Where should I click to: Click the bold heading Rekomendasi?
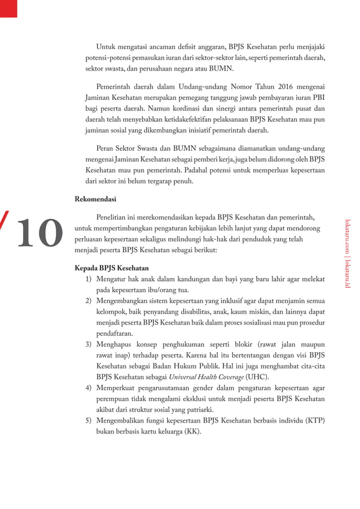click(95, 199)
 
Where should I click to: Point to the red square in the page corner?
click(8, 8)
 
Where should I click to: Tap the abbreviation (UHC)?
click(257, 376)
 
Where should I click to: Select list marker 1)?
click(89, 278)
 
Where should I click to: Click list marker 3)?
click(89, 344)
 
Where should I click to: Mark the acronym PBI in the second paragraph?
click(318, 97)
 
